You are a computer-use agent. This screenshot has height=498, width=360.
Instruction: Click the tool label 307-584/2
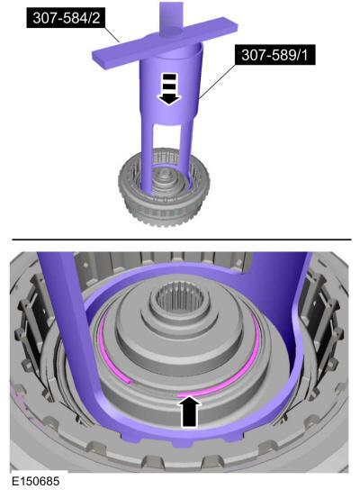(x=66, y=18)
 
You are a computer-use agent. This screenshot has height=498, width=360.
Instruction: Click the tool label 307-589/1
(x=274, y=55)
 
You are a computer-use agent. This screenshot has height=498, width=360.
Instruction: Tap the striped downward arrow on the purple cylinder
(x=169, y=88)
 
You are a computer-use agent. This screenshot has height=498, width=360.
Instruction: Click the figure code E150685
(x=36, y=481)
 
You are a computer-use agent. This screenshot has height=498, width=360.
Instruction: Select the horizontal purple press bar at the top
(x=165, y=42)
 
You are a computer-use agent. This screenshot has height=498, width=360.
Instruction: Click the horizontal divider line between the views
(x=182, y=240)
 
